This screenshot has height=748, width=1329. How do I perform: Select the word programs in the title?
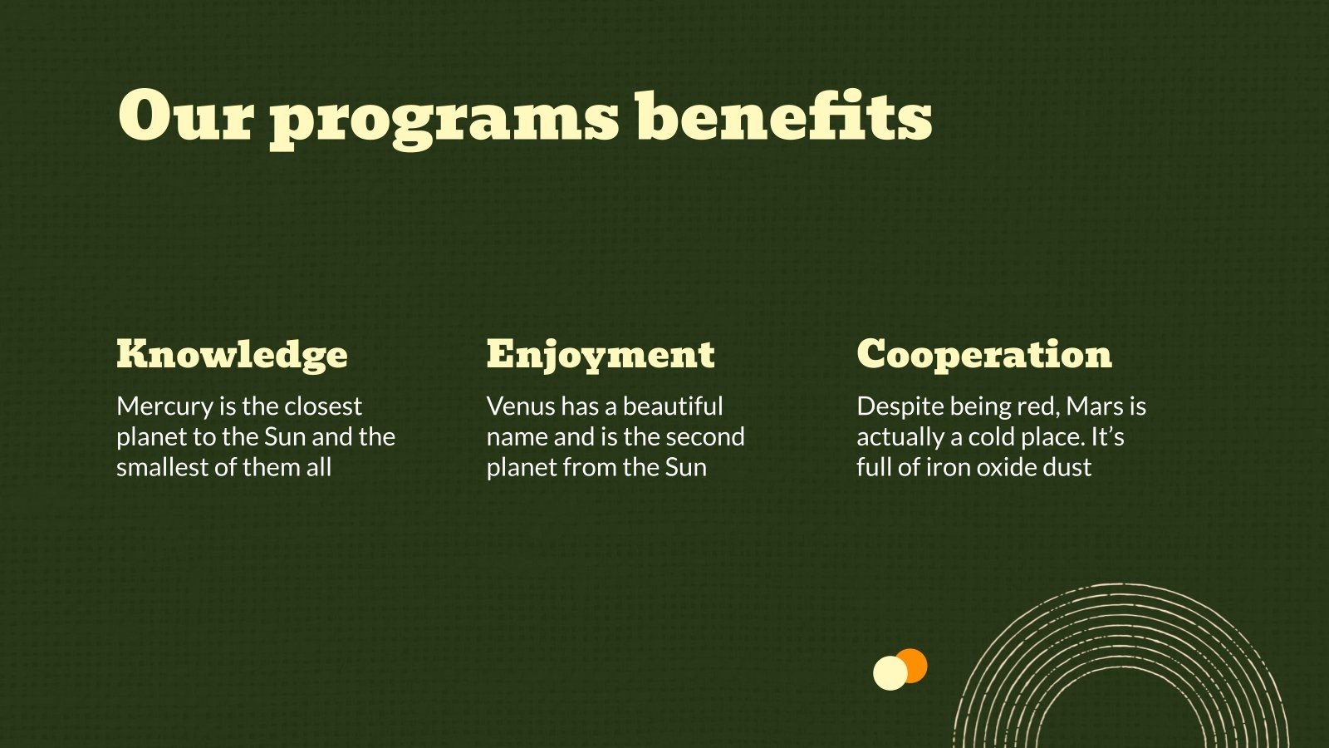click(444, 119)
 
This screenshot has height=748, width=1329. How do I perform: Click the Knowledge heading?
click(232, 354)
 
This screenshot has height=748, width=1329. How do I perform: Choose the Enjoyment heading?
click(600, 355)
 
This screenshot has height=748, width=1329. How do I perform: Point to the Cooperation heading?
click(983, 355)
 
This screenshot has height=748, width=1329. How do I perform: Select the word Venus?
click(520, 406)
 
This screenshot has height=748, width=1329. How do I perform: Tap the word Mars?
click(1094, 406)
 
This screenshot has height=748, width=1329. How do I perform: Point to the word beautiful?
click(673, 406)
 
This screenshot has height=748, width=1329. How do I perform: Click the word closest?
click(323, 406)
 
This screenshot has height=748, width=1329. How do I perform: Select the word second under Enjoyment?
click(705, 437)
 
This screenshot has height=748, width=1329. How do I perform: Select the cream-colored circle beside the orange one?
click(890, 673)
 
